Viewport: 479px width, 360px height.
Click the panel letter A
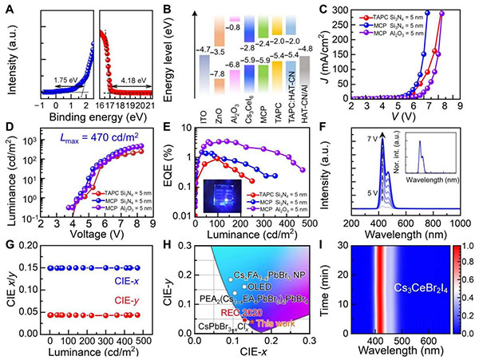click(7, 8)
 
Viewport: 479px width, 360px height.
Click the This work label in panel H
click(270, 323)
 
